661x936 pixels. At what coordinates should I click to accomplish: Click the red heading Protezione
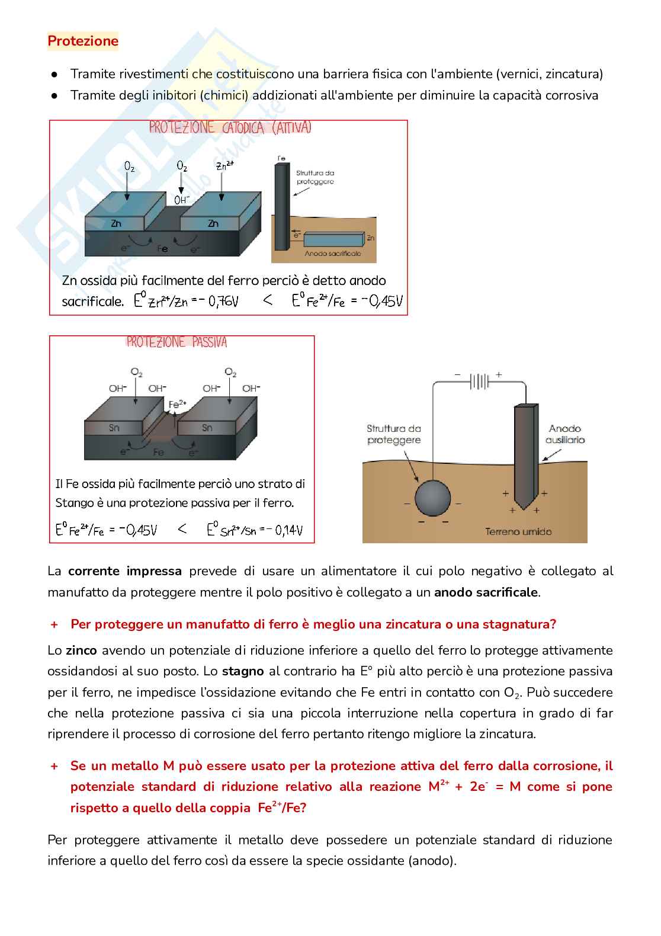pos(83,41)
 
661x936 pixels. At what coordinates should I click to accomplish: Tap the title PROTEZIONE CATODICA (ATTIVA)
pos(230,127)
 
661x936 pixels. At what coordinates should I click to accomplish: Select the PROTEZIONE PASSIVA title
pos(177,342)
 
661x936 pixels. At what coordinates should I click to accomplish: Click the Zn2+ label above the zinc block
pos(225,165)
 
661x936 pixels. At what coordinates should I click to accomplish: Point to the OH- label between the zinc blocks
pos(182,200)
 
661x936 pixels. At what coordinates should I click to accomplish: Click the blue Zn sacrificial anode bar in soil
pos(334,239)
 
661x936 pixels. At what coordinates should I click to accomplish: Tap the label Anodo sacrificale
pos(333,253)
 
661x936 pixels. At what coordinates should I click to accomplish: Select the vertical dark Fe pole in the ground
pos(281,207)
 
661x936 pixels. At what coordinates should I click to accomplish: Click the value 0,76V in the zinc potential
pos(223,301)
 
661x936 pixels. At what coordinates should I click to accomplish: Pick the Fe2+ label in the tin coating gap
pos(177,404)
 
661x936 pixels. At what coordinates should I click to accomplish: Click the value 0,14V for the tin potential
pos(288,530)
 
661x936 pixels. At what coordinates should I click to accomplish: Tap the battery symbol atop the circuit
pos(479,381)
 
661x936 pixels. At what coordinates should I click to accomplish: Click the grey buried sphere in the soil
pos(432,498)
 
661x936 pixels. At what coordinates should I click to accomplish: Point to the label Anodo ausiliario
pos(565,434)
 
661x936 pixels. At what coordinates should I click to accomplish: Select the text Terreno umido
pos(518,531)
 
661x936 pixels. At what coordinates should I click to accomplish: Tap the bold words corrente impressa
pos(125,571)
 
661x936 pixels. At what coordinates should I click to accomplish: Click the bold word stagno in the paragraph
pos(243,672)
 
